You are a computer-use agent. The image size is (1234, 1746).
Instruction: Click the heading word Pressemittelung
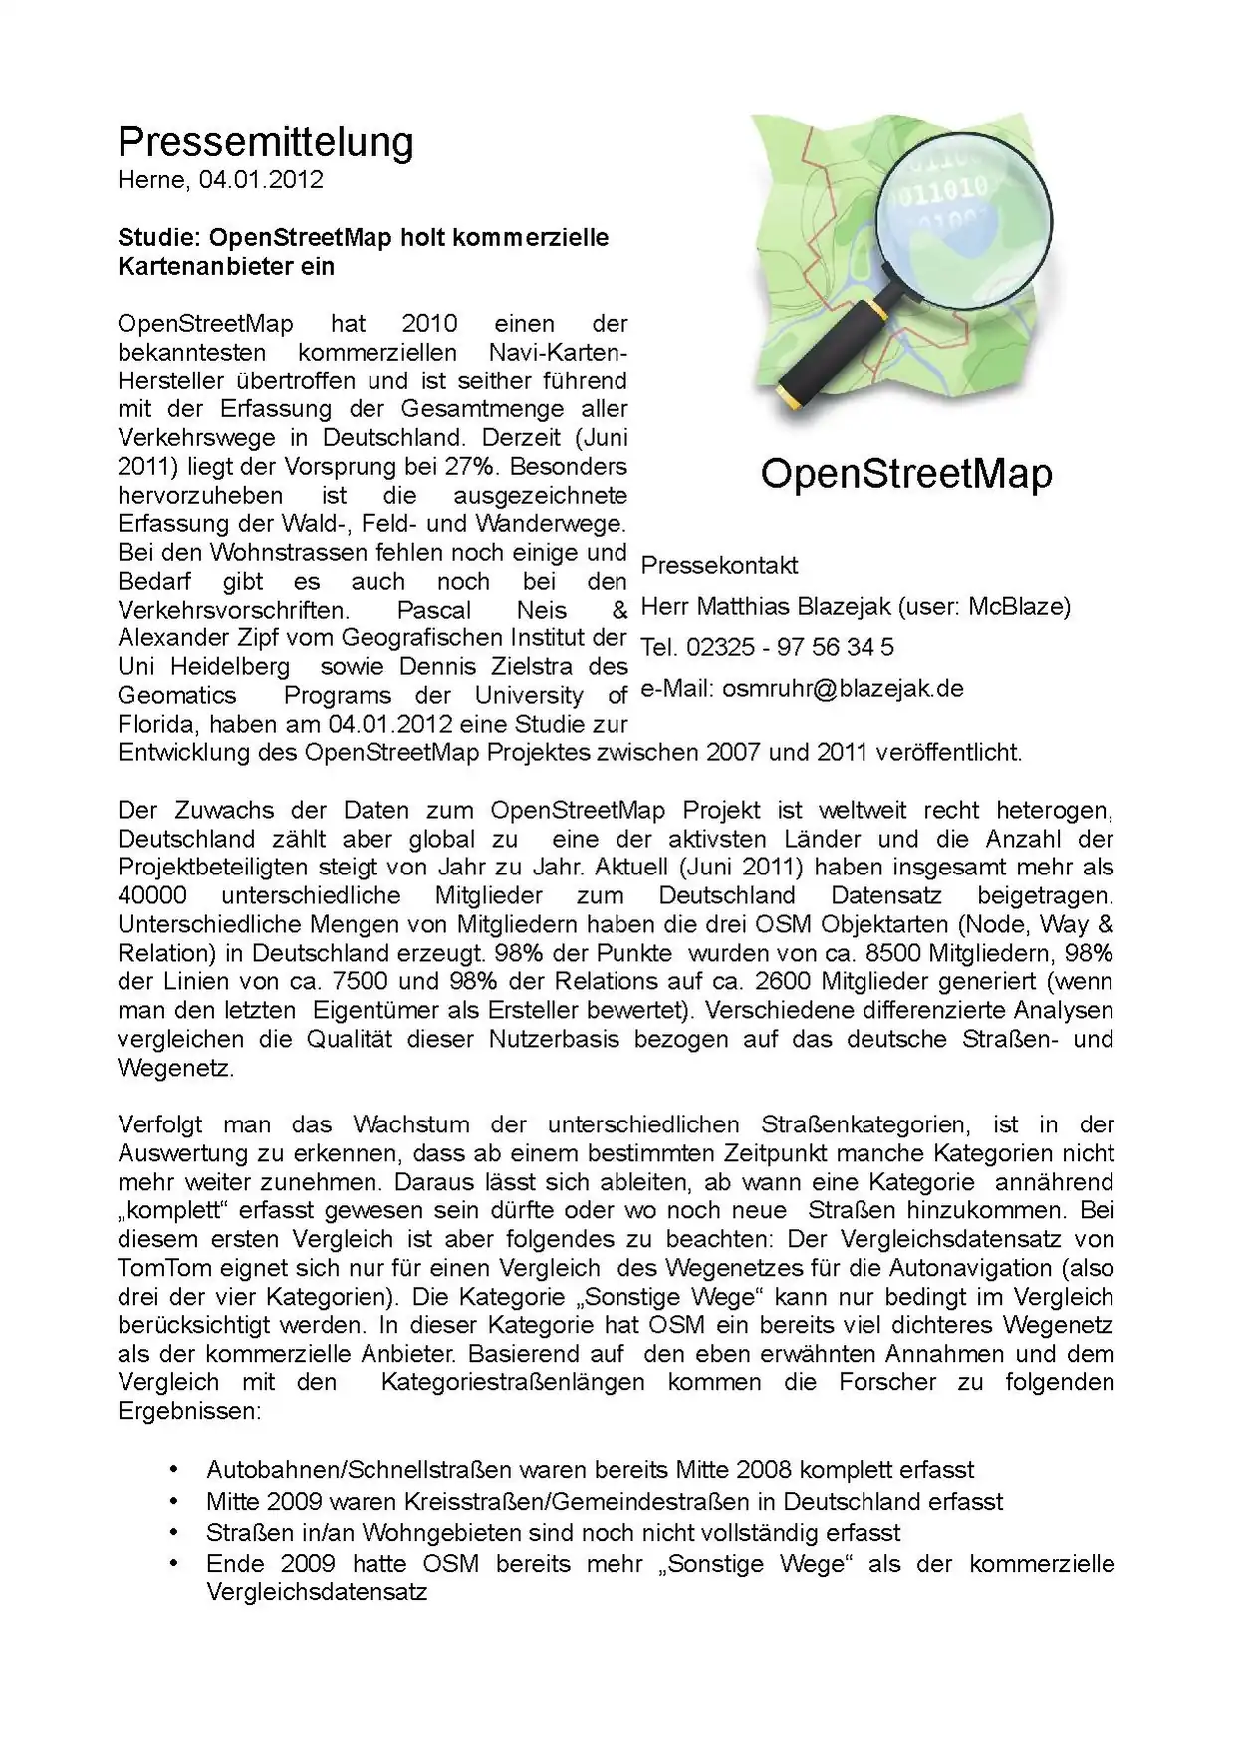265,142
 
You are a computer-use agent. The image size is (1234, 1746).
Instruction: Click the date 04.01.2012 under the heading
261,180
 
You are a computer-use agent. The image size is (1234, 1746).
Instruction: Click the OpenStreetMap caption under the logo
905,473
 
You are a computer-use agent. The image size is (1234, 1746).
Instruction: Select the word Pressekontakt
719,566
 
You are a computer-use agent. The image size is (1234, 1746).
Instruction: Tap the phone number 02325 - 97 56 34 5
790,647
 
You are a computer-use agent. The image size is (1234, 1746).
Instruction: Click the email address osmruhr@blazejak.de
843,689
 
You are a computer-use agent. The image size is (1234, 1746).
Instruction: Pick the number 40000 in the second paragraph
151,895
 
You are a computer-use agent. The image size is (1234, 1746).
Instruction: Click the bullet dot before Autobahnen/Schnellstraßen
176,1469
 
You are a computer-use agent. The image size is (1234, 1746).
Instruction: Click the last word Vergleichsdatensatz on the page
316,1592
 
